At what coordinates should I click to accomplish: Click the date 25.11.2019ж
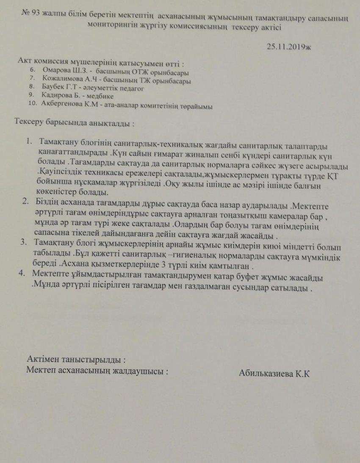pyautogui.click(x=289, y=46)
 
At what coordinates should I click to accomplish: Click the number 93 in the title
pyautogui.click(x=35, y=14)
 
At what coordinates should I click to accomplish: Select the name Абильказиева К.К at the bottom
pyautogui.click(x=274, y=374)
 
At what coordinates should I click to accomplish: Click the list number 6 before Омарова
pyautogui.click(x=32, y=71)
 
